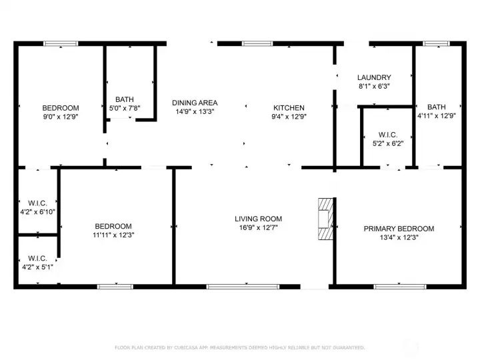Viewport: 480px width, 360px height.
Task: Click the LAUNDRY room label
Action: (x=373, y=77)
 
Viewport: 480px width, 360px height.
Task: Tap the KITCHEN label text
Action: (x=289, y=108)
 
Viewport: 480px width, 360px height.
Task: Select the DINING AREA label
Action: (x=195, y=103)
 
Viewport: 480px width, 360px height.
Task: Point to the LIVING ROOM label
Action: (x=258, y=219)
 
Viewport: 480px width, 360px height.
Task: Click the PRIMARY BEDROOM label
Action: (x=398, y=229)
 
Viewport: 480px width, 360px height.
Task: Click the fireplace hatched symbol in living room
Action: (x=325, y=218)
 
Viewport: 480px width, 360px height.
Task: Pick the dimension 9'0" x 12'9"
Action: (x=61, y=117)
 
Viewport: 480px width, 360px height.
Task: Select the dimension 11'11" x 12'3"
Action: (x=113, y=235)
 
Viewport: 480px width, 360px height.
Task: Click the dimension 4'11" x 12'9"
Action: (x=437, y=115)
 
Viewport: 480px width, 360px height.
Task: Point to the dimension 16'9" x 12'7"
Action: (x=258, y=227)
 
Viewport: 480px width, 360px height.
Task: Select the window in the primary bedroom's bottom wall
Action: (x=390, y=287)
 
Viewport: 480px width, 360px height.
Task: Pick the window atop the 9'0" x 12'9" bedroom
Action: (x=61, y=44)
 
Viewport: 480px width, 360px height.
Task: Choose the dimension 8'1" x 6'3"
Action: (x=373, y=86)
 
